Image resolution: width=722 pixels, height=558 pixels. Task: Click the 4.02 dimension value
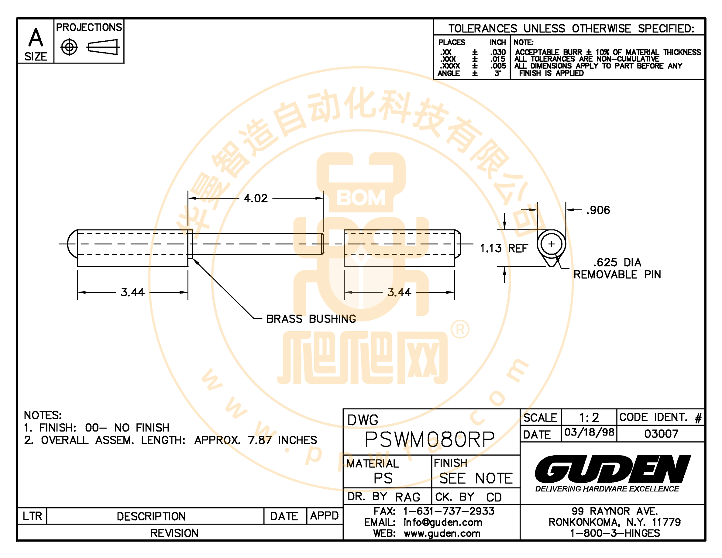(256, 198)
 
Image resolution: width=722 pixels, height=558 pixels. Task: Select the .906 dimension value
(598, 210)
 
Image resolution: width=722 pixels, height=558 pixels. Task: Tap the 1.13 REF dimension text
(504, 248)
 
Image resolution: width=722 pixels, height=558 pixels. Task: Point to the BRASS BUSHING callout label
(311, 319)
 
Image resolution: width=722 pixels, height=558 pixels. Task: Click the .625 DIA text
(617, 263)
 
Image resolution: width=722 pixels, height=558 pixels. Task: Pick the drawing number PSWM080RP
(429, 439)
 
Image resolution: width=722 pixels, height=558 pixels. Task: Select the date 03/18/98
(589, 432)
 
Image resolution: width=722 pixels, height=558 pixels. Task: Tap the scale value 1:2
(589, 418)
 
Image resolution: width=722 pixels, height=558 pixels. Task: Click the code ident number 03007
(661, 433)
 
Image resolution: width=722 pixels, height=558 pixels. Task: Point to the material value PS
(383, 478)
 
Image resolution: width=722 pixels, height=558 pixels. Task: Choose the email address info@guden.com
(443, 522)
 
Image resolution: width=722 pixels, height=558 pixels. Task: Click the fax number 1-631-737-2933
(449, 511)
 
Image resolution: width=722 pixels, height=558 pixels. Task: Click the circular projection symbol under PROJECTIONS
(69, 47)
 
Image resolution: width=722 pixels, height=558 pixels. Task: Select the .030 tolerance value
(498, 52)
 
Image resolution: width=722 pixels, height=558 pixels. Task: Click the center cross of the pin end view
(551, 244)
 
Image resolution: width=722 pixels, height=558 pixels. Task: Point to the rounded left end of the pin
(68, 244)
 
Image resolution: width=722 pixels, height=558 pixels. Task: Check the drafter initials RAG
(407, 497)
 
